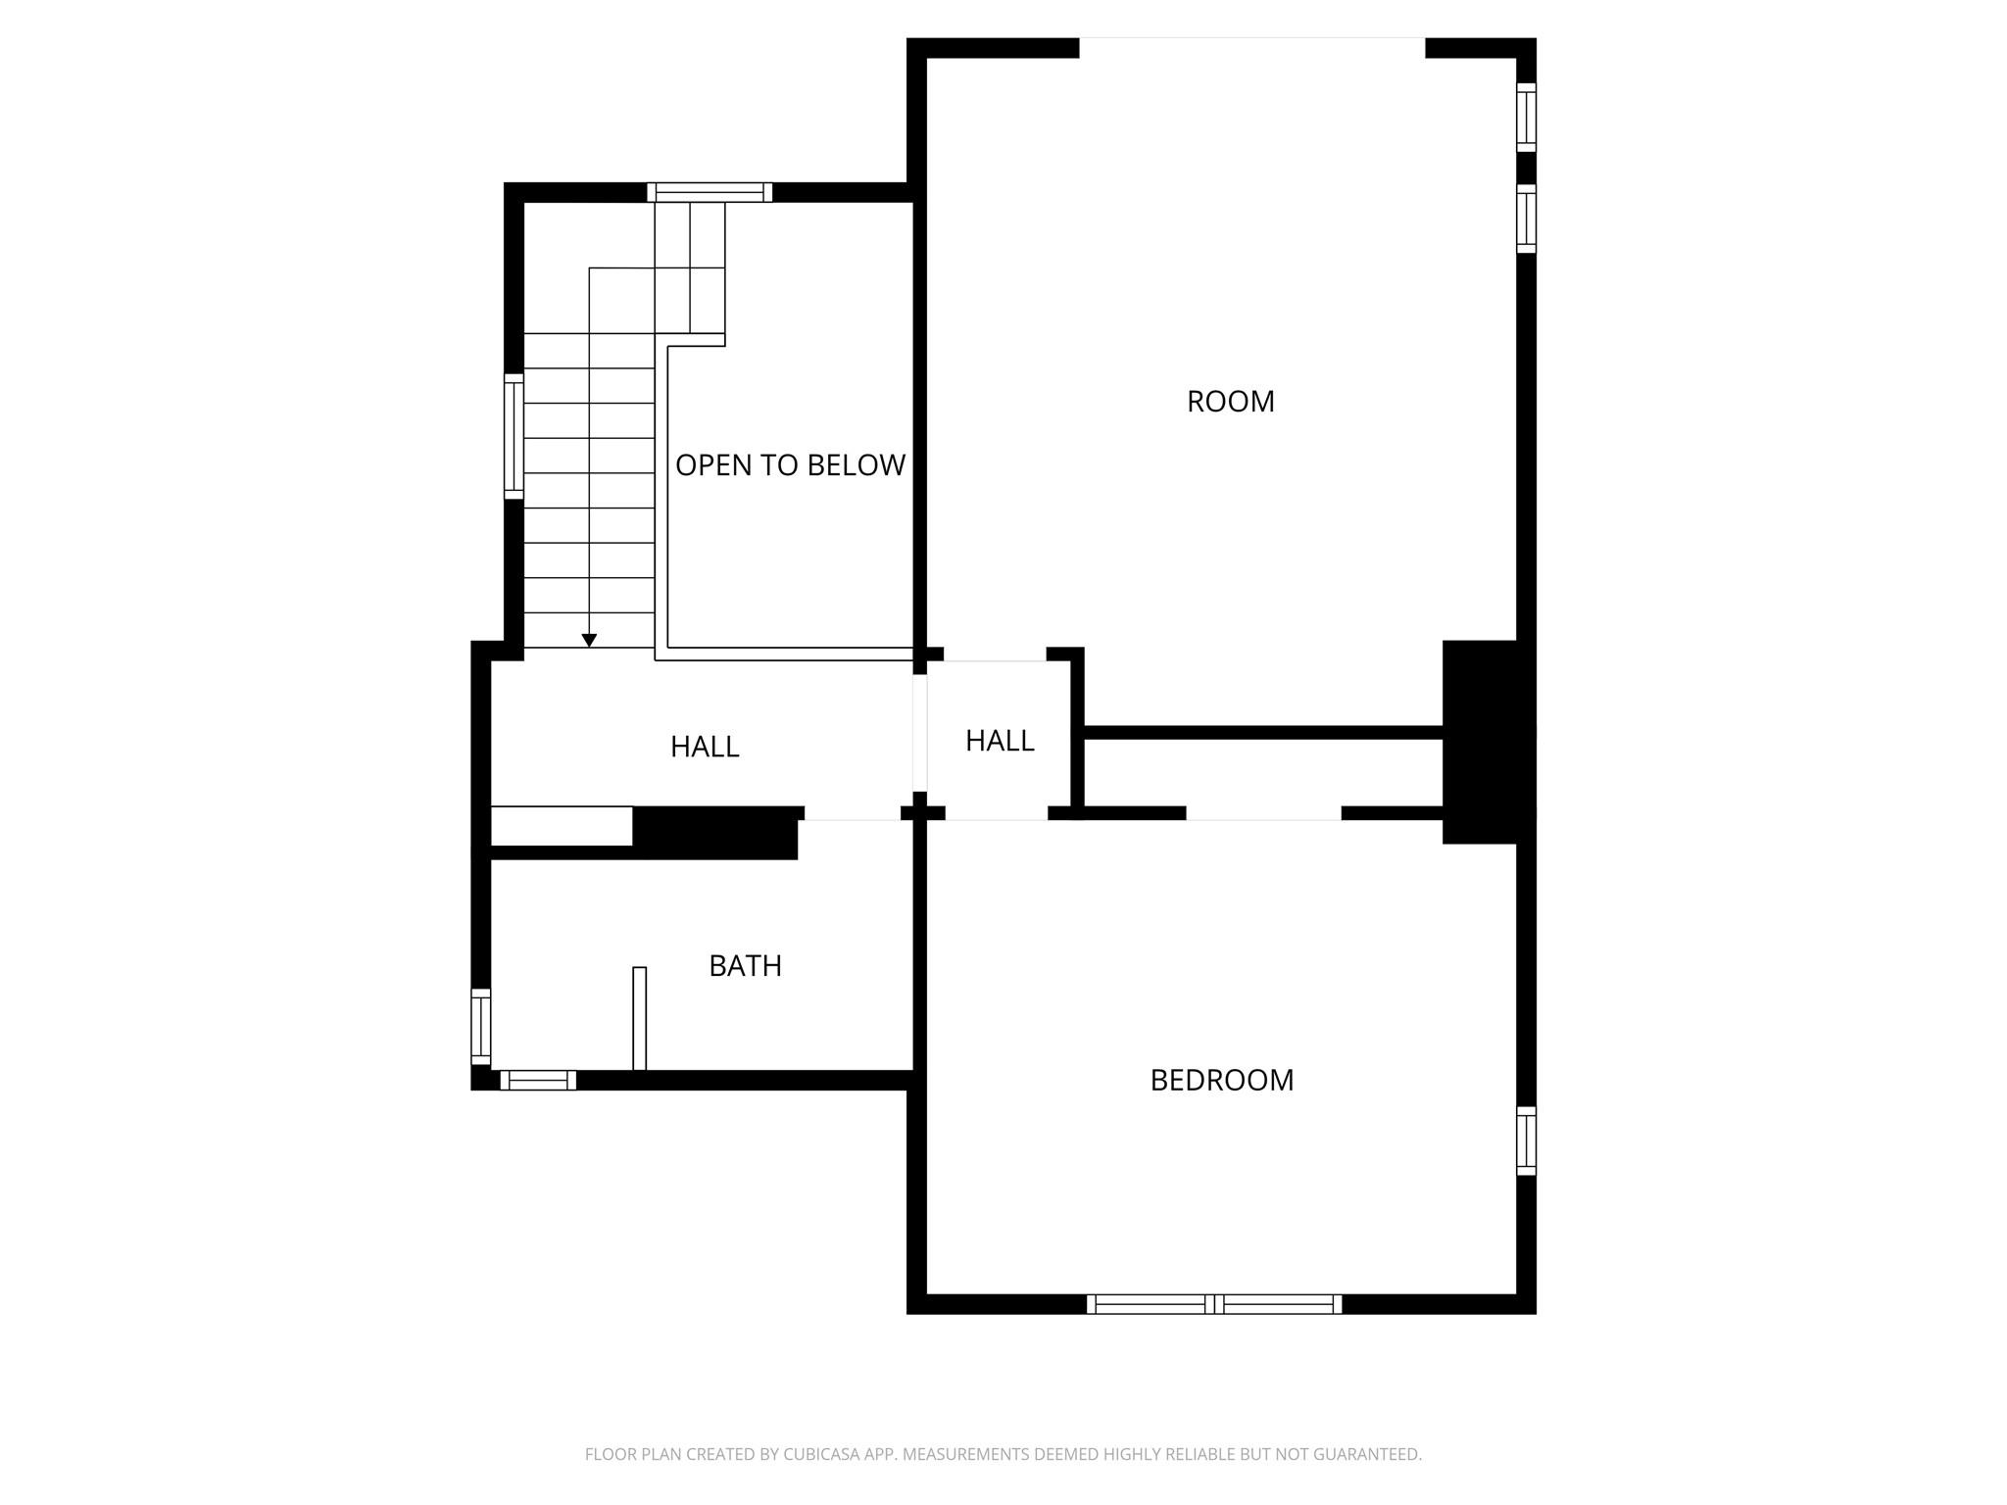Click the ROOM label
[1230, 402]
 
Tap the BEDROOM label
[1221, 1080]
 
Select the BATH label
[745, 966]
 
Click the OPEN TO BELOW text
[790, 465]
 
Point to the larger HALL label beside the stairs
[704, 747]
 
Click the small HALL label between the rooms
[1000, 741]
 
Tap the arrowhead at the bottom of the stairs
[589, 641]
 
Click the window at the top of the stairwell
[710, 192]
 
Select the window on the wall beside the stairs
[514, 436]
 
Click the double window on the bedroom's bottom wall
[1214, 1304]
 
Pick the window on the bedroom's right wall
[1526, 1141]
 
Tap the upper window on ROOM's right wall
[1526, 118]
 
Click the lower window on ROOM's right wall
[1526, 218]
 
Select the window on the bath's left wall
[480, 1027]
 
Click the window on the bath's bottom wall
[538, 1080]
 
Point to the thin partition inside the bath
[640, 1019]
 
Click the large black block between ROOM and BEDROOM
[1487, 742]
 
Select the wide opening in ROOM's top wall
[1251, 47]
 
